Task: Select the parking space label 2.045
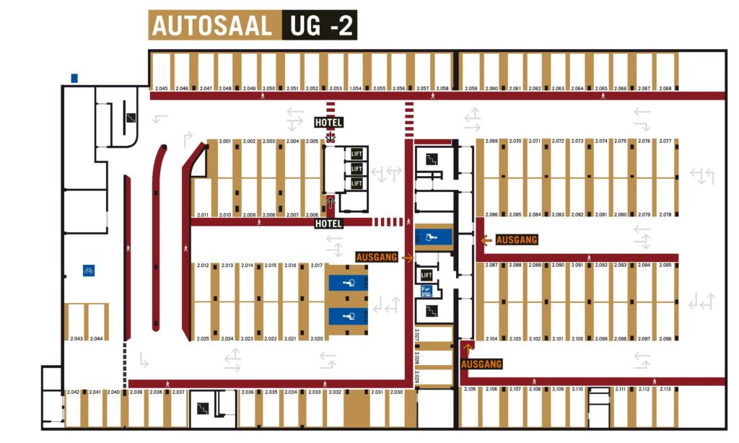click(162, 89)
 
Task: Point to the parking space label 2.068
click(665, 89)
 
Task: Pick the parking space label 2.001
click(224, 141)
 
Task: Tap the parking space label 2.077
click(665, 141)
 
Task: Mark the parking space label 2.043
click(76, 338)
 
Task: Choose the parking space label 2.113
click(665, 390)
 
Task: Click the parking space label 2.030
click(396, 392)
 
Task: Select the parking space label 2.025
click(203, 338)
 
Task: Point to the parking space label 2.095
click(665, 266)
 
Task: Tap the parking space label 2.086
click(491, 215)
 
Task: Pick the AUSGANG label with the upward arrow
click(480, 364)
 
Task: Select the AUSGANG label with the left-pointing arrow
click(517, 240)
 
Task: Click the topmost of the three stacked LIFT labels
click(356, 154)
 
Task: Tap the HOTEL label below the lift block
click(328, 224)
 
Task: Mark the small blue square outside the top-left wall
click(74, 78)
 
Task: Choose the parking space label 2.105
click(470, 390)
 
